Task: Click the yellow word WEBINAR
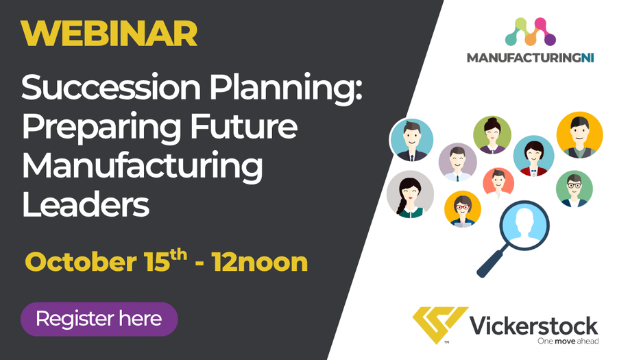pos(109,34)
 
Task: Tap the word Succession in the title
pos(111,87)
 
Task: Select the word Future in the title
pos(243,126)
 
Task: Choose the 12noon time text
pos(259,262)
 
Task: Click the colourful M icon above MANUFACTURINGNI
pos(531,32)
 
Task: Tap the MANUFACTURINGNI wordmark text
pos(530,58)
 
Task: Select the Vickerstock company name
pos(534,326)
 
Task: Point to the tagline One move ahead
pos(568,341)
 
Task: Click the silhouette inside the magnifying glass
pos(524,224)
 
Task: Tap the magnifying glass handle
pos(490,263)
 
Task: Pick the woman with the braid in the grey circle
pos(410,194)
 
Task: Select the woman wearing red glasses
pos(463,209)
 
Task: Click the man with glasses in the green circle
pos(574,189)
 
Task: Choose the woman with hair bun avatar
pos(492,134)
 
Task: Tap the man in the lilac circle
pos(458,162)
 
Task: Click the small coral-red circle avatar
pos(498,182)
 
